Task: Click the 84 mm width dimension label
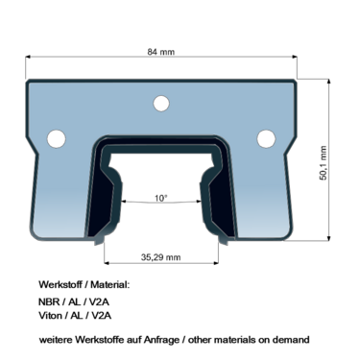(161, 52)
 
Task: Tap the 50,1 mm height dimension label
(324, 163)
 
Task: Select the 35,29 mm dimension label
(160, 257)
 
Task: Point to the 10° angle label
(161, 198)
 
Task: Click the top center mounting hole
(161, 104)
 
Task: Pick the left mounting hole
(57, 138)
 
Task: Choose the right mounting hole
(266, 138)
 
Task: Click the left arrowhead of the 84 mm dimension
(28, 57)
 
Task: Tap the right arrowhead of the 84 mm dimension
(295, 57)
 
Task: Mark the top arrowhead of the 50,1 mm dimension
(328, 82)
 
